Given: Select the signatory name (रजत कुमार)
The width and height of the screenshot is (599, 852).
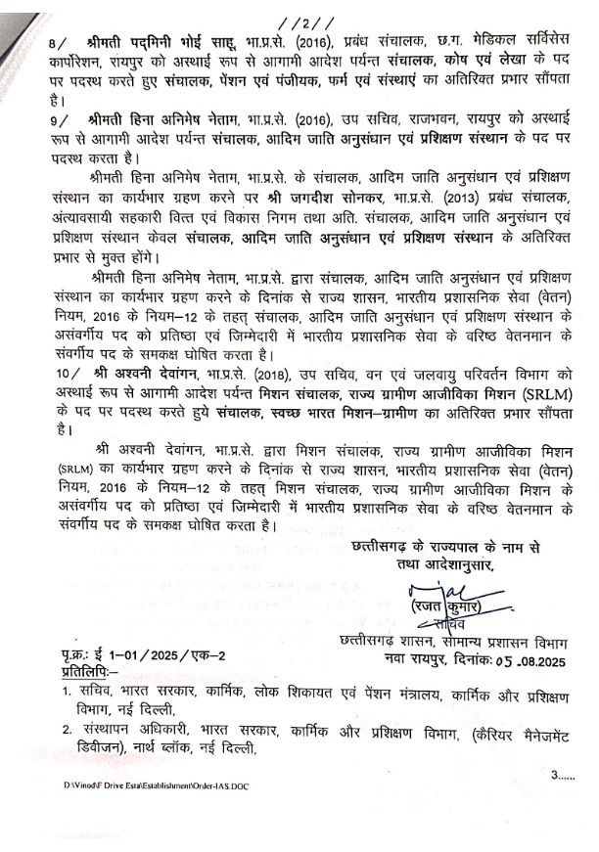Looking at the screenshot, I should point(436,606).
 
